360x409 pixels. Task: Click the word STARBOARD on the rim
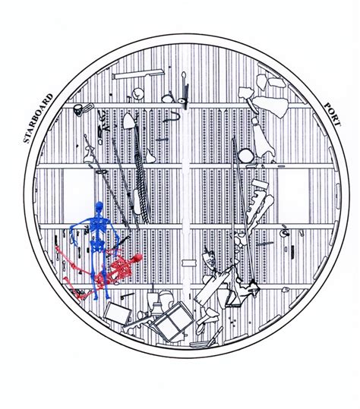[x=39, y=118]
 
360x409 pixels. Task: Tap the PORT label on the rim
[x=333, y=115]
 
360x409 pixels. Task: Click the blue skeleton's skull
[x=99, y=207]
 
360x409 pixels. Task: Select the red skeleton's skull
[x=137, y=258]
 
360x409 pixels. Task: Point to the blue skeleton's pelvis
[x=97, y=245]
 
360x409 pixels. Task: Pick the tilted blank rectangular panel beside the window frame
[x=118, y=313]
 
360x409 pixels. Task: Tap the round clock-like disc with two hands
[x=137, y=94]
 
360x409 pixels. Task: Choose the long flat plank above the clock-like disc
[x=138, y=74]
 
